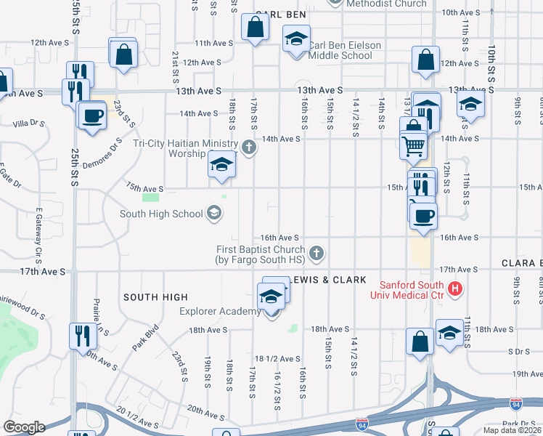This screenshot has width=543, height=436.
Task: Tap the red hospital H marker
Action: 455,289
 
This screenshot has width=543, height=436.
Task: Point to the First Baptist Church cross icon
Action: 316,254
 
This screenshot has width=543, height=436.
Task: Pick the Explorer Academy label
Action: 220,312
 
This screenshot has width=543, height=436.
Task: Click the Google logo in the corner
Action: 24,427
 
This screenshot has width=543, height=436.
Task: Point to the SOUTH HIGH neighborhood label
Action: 155,297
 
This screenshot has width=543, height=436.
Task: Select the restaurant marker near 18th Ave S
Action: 81,335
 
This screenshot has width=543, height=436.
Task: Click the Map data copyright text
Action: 512,430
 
